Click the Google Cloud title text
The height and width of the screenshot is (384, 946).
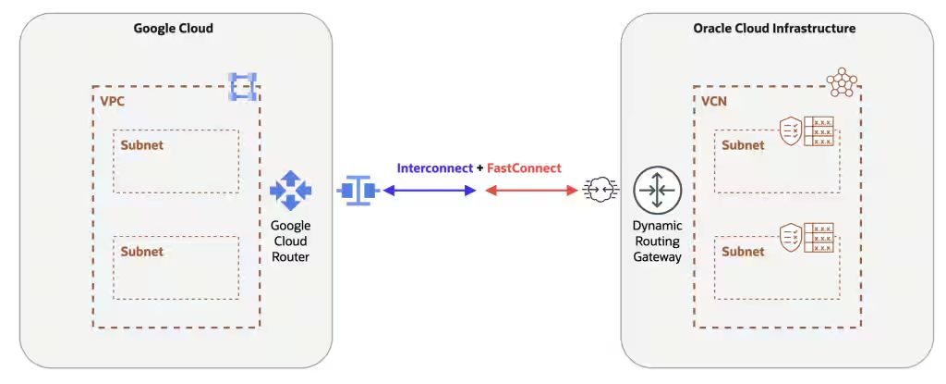(174, 29)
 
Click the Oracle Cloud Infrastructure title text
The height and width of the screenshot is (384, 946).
(774, 29)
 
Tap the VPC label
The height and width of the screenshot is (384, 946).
(111, 100)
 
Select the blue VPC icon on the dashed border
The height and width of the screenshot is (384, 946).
(242, 86)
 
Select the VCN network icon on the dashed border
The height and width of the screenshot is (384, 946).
(843, 83)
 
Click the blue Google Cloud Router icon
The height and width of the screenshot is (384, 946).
(291, 190)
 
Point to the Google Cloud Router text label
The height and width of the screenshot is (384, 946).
(291, 241)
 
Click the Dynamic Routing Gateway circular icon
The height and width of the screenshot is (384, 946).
(657, 191)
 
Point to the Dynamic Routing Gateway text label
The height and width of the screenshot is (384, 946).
(657, 241)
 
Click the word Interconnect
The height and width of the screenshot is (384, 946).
(434, 168)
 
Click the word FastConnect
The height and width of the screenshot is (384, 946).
(524, 168)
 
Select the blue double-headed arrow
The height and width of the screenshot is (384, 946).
(430, 191)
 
